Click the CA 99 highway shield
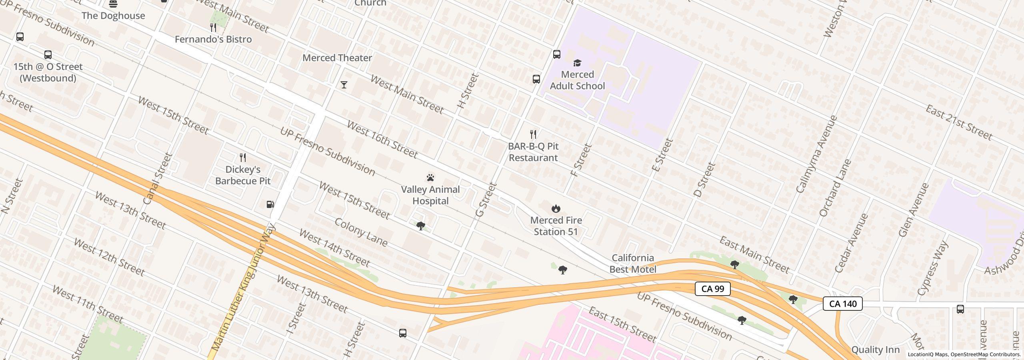pyautogui.click(x=712, y=289)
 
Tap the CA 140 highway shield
pyautogui.click(x=842, y=304)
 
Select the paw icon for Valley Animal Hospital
pyautogui.click(x=430, y=178)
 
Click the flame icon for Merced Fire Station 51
pyautogui.click(x=556, y=208)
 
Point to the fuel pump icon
pyautogui.click(x=270, y=204)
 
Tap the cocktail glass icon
pyautogui.click(x=344, y=85)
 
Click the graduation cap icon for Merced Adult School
pyautogui.click(x=577, y=63)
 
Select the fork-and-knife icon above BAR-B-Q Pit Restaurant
pyautogui.click(x=533, y=134)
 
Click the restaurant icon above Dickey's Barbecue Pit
pyautogui.click(x=243, y=157)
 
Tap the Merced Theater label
pyautogui.click(x=337, y=58)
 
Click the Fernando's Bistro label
pyautogui.click(x=213, y=39)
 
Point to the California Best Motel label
pyautogui.click(x=632, y=264)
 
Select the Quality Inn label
pyautogui.click(x=875, y=350)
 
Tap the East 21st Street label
pyautogui.click(x=959, y=123)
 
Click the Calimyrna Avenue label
pyautogui.click(x=816, y=154)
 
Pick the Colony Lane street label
pyautogui.click(x=361, y=232)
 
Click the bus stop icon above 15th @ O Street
pyautogui.click(x=48, y=55)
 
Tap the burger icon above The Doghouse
pyautogui.click(x=113, y=4)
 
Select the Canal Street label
pyautogui.click(x=157, y=179)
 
